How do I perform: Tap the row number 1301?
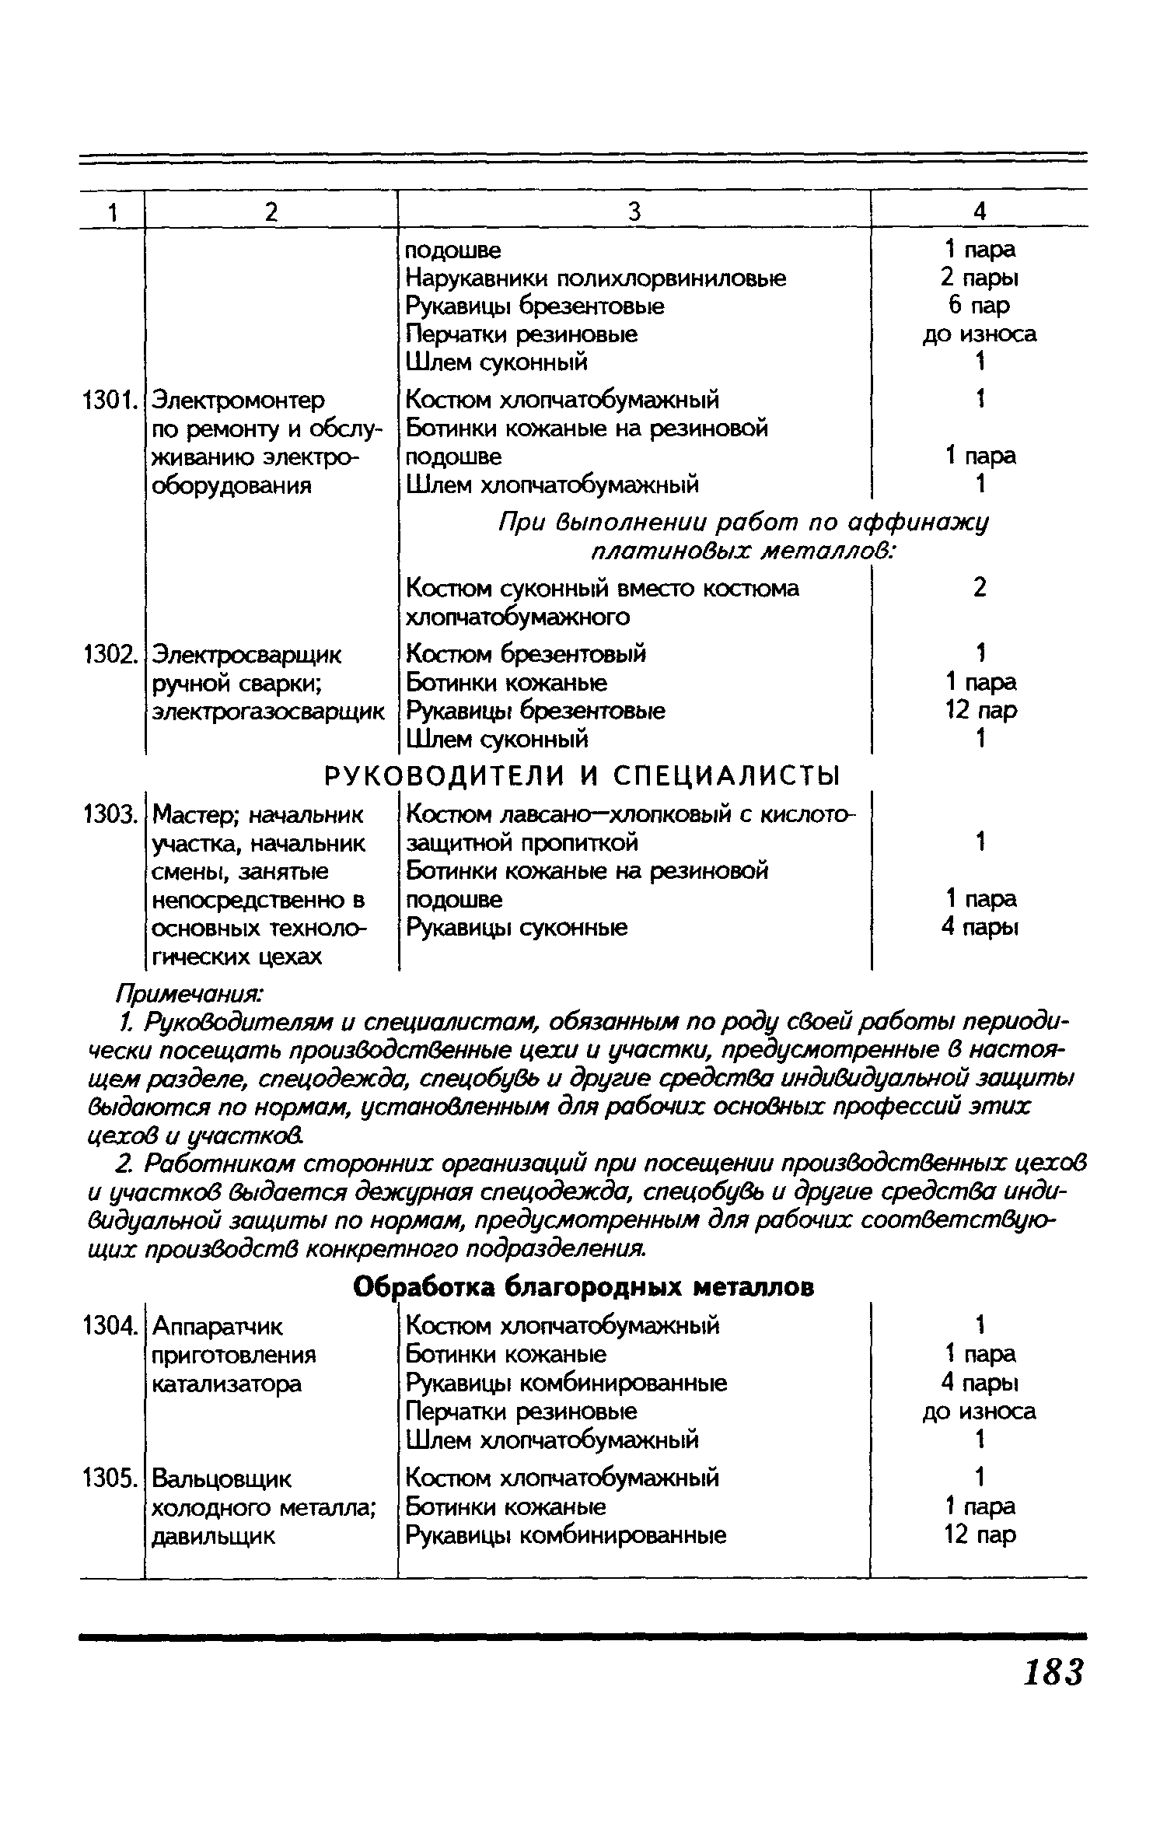tap(110, 401)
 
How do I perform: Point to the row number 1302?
tap(110, 655)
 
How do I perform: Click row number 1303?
tap(110, 815)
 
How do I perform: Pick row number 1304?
tap(110, 1325)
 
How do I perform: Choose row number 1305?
tap(110, 1478)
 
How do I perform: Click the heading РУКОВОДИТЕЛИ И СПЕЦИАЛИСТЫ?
tap(582, 776)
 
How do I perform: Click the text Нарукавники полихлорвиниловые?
tap(596, 278)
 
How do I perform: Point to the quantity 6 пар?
tap(979, 306)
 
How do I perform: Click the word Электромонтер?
tap(238, 401)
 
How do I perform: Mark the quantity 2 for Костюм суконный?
tap(980, 588)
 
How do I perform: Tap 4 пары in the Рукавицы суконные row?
tap(980, 928)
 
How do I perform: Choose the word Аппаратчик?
tap(218, 1325)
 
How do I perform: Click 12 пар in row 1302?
tap(980, 711)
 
